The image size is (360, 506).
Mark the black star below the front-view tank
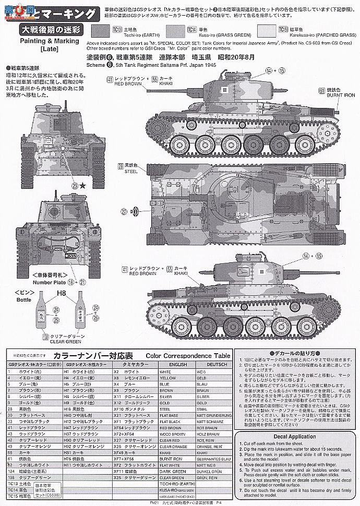coord(83,185)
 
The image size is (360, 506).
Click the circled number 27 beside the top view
coord(124,211)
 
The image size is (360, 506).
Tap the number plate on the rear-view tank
coord(70,256)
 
